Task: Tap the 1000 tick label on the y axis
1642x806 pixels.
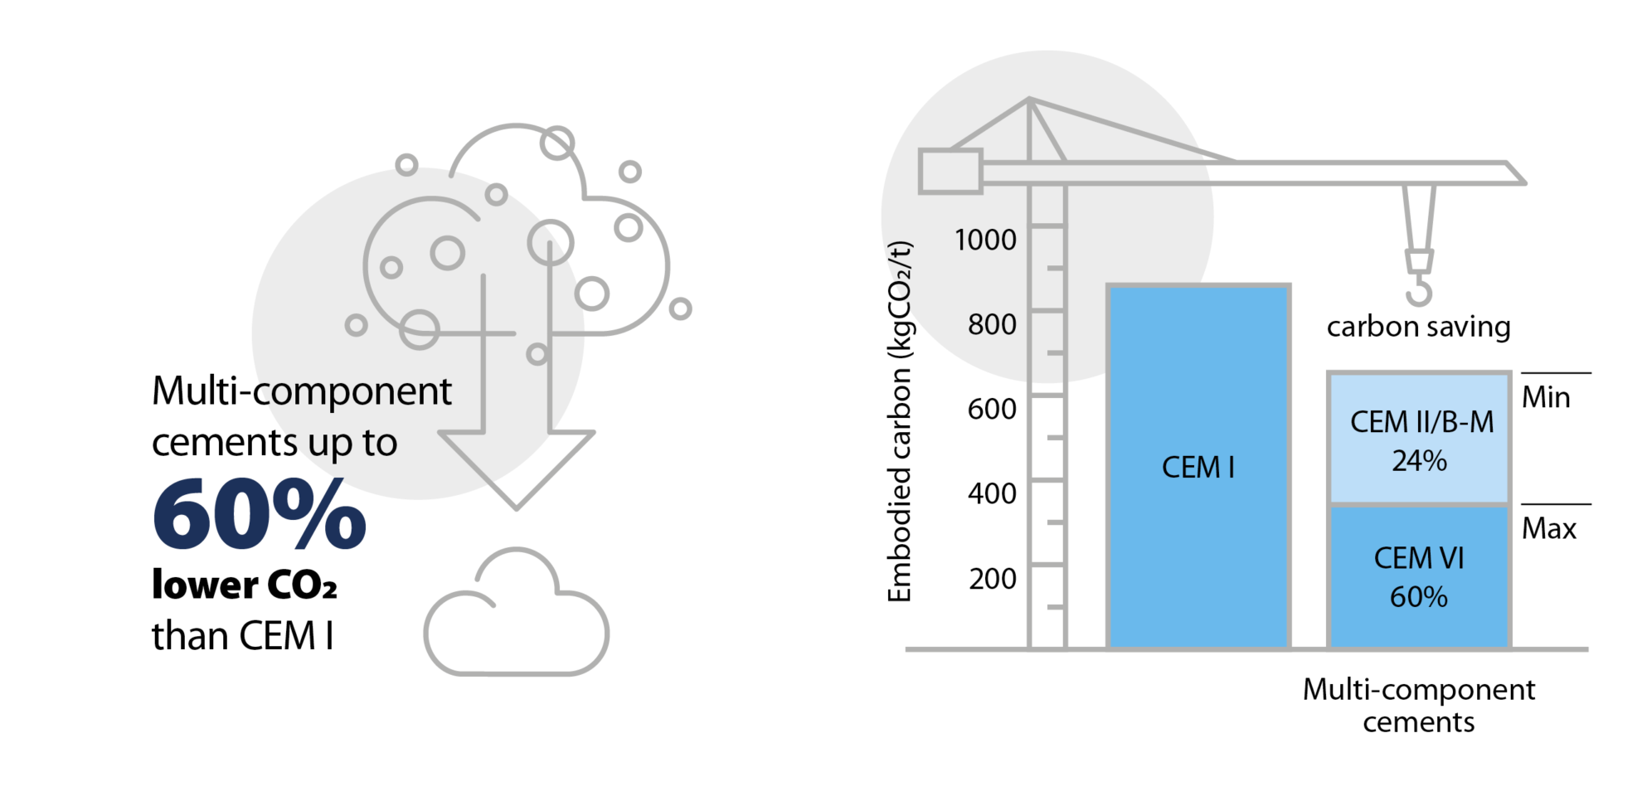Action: (985, 240)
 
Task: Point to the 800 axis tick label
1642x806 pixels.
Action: (992, 324)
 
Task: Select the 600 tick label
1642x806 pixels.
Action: (992, 409)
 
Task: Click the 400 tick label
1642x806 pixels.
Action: (992, 493)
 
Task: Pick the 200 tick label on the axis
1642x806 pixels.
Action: (992, 578)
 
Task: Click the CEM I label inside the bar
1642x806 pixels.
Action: (1198, 468)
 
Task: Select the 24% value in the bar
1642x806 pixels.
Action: (1419, 461)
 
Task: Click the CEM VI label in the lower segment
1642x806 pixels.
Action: (1419, 558)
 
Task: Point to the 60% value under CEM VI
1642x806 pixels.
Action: (1419, 597)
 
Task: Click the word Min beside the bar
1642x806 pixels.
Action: (1546, 397)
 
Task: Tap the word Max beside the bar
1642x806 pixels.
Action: (1548, 528)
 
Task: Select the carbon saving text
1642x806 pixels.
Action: (1418, 327)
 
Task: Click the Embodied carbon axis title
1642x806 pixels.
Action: (900, 421)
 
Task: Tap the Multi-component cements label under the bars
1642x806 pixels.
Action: (1418, 705)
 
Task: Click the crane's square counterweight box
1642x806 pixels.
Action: (950, 172)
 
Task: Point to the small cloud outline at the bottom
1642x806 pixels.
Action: (516, 618)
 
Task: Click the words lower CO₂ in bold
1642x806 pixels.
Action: (244, 585)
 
